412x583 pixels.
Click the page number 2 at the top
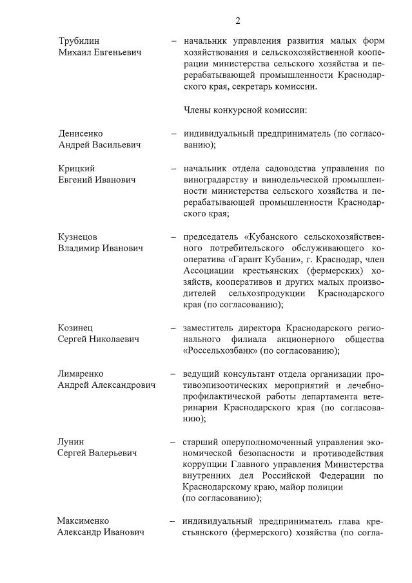tap(238, 21)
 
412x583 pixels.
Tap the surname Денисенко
tap(81, 133)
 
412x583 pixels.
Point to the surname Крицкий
tap(77, 168)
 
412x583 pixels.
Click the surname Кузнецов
tap(80, 236)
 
